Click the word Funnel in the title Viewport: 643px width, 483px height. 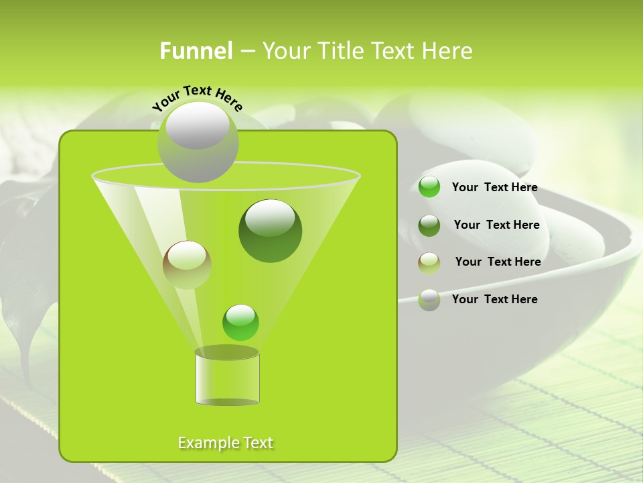pyautogui.click(x=196, y=51)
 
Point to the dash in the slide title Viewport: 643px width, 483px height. pyautogui.click(x=246, y=52)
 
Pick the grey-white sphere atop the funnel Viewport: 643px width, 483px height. pyautogui.click(x=198, y=142)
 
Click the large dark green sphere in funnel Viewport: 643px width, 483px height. pyautogui.click(x=271, y=230)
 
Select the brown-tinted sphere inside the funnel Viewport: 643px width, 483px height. pyautogui.click(x=187, y=264)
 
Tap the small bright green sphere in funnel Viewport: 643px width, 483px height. pyautogui.click(x=240, y=322)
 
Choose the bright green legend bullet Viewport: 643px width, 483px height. pyautogui.click(x=429, y=187)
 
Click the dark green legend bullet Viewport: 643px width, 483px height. pyautogui.click(x=429, y=225)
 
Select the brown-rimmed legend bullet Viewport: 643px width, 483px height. pyautogui.click(x=429, y=262)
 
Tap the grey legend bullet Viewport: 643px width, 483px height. pyautogui.click(x=429, y=299)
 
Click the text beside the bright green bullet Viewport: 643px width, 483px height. pyautogui.click(x=495, y=188)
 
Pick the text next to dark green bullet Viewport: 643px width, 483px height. pyautogui.click(x=497, y=225)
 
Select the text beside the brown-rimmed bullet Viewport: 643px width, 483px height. pyautogui.click(x=498, y=262)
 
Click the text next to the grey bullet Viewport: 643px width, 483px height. pyautogui.click(x=495, y=299)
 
